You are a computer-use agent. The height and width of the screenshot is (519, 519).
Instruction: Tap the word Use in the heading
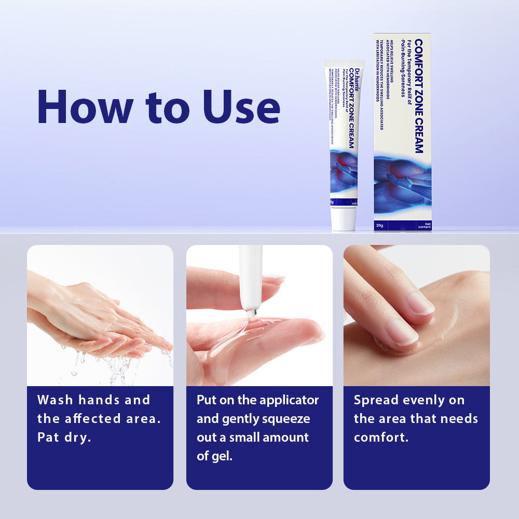241,107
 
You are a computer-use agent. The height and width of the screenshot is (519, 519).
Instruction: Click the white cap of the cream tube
344,218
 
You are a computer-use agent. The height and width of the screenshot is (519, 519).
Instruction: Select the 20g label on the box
379,225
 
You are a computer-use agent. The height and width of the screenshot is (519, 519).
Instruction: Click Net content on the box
424,225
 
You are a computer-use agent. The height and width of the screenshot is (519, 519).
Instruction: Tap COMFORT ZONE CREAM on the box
418,96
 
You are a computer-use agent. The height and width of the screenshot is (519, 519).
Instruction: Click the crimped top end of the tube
344,63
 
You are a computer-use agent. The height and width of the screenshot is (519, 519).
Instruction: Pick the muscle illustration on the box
402,184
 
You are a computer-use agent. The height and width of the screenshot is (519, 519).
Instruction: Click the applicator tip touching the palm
251,312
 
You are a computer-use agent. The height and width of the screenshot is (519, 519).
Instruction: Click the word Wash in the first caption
55,400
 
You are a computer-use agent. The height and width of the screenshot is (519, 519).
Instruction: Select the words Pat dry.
64,438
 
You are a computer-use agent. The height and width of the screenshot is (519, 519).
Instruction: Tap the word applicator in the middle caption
289,400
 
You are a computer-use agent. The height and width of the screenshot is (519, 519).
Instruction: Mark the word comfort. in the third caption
381,438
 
